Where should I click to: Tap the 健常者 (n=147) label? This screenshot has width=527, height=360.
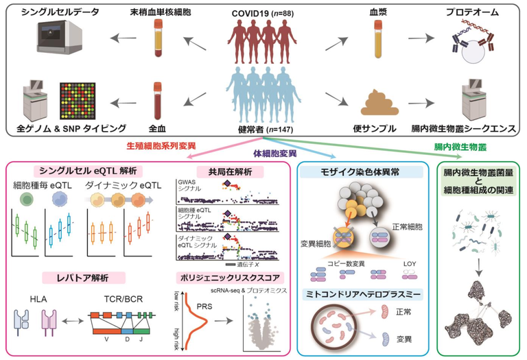[265, 129]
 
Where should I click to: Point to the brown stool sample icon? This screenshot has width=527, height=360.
[377, 101]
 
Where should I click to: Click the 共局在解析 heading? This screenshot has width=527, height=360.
[218, 170]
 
